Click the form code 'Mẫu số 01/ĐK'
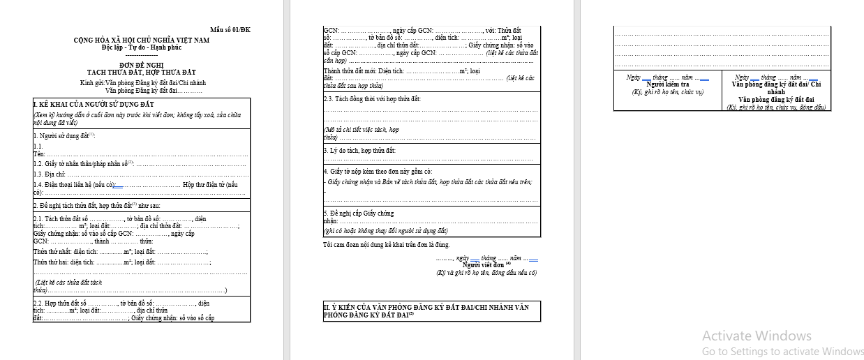click(x=230, y=30)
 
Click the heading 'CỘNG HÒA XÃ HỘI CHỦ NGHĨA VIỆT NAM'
click(x=141, y=40)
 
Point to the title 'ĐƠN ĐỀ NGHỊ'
click(x=141, y=65)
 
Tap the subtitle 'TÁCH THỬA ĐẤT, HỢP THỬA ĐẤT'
click(x=141, y=72)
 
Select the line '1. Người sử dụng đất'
click(x=65, y=135)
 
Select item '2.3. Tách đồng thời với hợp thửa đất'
click(x=372, y=99)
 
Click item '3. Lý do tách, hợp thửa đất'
click(x=359, y=151)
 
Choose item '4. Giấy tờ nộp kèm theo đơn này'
click(x=378, y=172)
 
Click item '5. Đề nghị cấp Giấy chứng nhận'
click(x=359, y=213)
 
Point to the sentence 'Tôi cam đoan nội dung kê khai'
click(x=386, y=245)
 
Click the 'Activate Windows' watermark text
click(x=757, y=336)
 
